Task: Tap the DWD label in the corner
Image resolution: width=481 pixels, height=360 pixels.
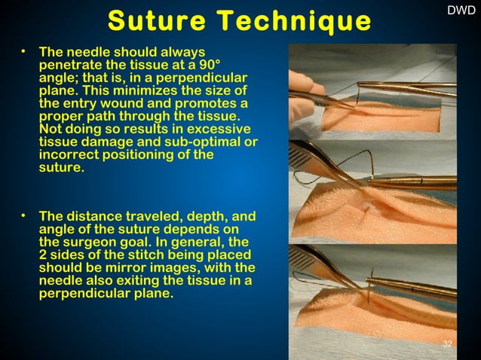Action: (x=461, y=11)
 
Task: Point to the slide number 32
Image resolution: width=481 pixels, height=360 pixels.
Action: (x=448, y=344)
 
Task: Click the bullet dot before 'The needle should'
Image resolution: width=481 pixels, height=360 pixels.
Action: (x=24, y=52)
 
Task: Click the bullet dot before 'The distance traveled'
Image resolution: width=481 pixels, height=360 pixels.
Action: (x=24, y=216)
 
